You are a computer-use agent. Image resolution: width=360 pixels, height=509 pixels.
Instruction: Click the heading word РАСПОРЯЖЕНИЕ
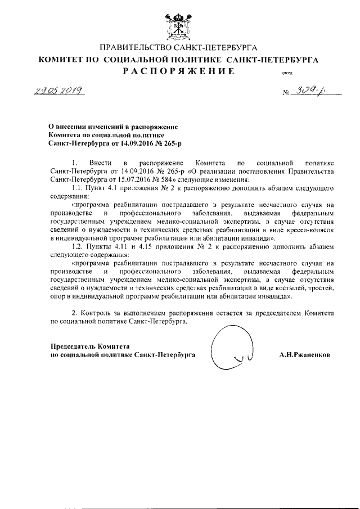(x=178, y=71)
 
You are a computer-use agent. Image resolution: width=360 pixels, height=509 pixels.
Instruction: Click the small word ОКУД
(x=279, y=73)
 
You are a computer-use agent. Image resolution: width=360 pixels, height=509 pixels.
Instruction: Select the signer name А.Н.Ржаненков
(x=305, y=355)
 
